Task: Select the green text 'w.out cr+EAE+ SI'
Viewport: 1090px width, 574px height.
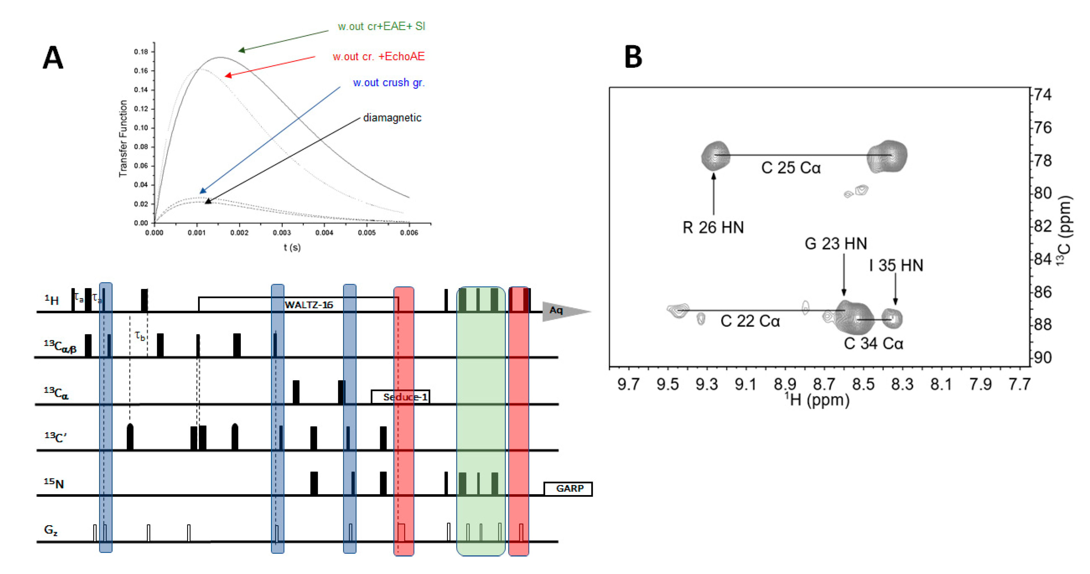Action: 381,26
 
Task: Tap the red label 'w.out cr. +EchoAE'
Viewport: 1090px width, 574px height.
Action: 378,56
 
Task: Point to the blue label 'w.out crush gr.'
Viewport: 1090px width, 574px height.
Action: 388,82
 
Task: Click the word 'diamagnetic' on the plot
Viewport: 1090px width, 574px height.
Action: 392,118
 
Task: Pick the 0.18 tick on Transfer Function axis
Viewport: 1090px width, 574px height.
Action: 141,52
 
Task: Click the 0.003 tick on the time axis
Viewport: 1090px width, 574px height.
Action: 281,233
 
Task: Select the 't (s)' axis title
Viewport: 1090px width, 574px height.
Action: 292,247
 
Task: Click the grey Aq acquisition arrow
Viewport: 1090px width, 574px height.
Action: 563,311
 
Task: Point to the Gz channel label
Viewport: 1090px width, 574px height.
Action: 51,530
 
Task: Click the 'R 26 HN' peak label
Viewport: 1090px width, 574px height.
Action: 713,228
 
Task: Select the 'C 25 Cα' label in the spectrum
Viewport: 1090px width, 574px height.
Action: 790,168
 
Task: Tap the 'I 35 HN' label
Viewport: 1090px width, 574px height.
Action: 896,266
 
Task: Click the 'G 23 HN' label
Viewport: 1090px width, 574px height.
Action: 835,244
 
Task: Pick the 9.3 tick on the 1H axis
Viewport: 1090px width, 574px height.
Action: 707,384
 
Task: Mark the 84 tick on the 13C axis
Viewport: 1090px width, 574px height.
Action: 1042,259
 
